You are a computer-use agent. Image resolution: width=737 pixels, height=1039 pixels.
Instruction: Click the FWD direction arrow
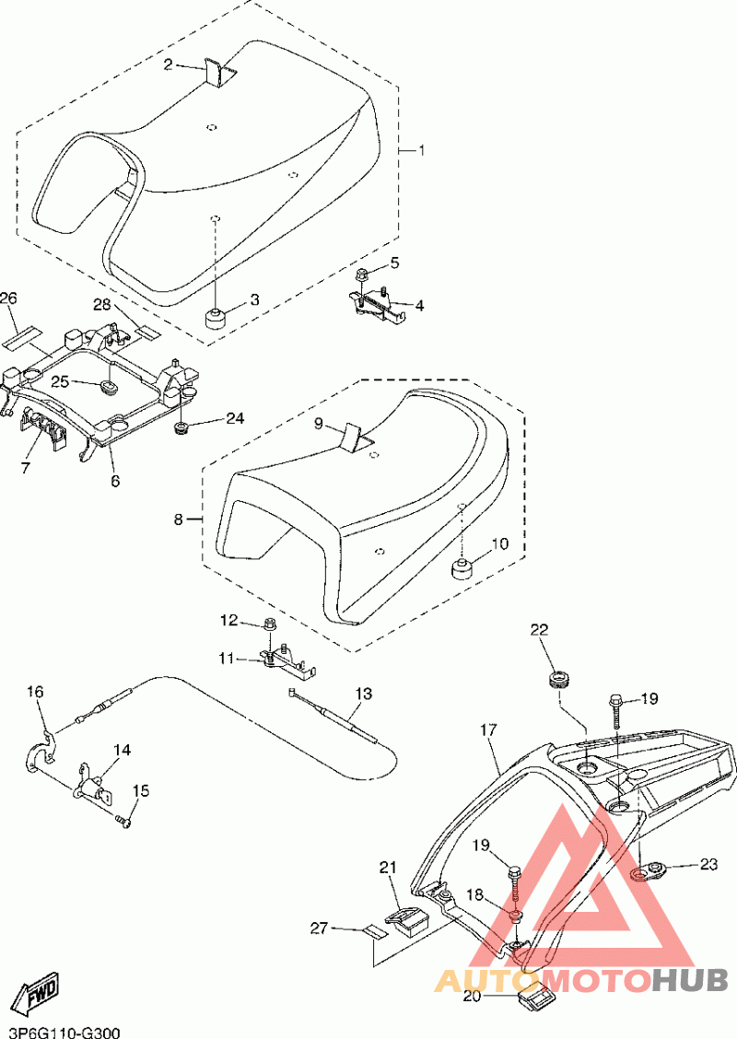39,991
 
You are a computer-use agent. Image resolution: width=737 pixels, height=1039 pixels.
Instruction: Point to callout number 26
8,298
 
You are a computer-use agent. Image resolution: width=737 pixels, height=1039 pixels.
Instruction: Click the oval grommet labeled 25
108,386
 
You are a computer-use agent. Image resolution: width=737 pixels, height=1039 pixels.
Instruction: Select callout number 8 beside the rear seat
178,519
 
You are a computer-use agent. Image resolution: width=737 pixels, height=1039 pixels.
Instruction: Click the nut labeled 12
270,624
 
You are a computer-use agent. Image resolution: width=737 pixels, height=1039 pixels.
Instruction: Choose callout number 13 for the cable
363,694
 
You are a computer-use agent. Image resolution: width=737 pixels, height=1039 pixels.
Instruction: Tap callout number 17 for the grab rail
488,730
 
